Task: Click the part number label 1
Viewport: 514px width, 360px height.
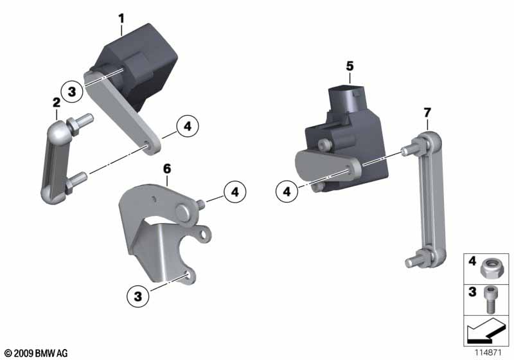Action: coord(121,19)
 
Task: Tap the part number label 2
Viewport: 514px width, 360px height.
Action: coord(57,103)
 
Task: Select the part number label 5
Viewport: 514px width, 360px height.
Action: coord(350,66)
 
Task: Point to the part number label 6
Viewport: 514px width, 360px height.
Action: coord(167,169)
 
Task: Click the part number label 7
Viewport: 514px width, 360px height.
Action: coord(427,113)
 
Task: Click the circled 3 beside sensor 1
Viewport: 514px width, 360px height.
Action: coord(72,91)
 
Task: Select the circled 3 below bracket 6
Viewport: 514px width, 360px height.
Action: coord(138,296)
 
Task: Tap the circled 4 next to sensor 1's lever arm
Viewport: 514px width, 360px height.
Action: coord(188,126)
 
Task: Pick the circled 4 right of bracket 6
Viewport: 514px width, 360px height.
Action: coord(235,192)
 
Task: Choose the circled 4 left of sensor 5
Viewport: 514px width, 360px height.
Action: coord(287,192)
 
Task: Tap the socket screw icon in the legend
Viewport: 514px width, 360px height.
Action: coord(489,300)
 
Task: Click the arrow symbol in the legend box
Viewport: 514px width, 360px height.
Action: coord(484,330)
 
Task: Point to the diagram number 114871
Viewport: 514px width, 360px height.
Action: coord(488,352)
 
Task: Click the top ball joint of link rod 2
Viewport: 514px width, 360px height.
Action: coord(60,132)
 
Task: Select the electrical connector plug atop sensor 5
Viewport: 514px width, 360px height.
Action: coord(345,99)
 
